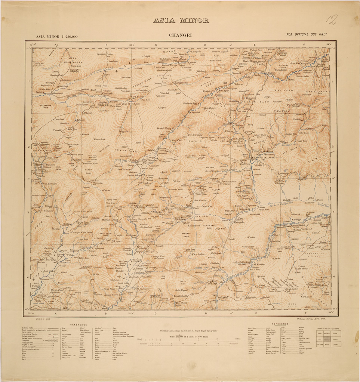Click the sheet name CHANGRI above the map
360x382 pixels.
pyautogui.click(x=180, y=37)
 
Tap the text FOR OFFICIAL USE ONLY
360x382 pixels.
pyautogui.click(x=307, y=34)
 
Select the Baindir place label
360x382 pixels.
pyautogui.click(x=38, y=92)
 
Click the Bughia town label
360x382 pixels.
pyautogui.click(x=147, y=184)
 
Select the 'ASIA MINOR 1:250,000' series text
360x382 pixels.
pyautogui.click(x=57, y=37)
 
